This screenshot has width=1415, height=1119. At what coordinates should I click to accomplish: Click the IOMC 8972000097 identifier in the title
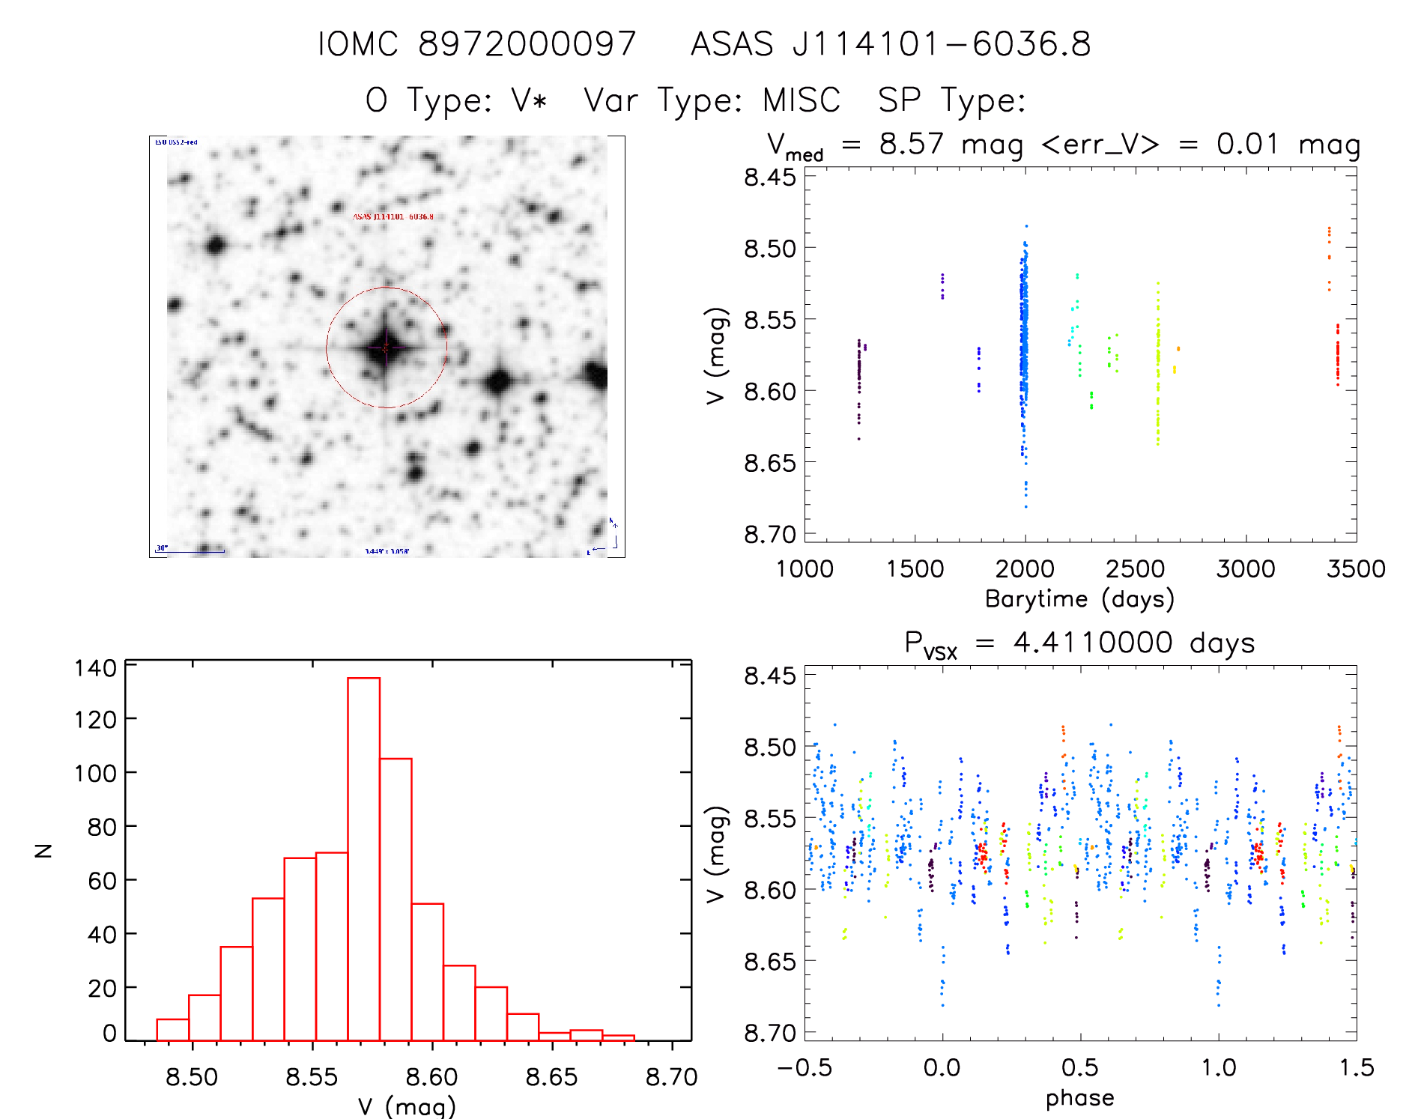click(476, 43)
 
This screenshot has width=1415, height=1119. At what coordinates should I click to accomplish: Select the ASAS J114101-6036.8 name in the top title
click(891, 43)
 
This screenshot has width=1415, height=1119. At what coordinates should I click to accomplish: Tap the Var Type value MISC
click(802, 100)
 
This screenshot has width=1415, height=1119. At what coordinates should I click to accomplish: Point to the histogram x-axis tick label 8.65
click(551, 1077)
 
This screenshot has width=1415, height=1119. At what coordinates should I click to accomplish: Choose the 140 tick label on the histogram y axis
click(95, 667)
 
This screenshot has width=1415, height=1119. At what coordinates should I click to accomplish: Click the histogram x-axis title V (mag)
click(407, 1106)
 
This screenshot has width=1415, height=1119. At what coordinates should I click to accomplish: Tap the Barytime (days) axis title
click(1079, 598)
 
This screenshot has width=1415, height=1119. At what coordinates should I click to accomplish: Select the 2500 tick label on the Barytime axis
click(1135, 569)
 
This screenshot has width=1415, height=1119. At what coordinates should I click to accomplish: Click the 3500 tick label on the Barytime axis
click(1355, 569)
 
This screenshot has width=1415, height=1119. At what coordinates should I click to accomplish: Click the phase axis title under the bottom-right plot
click(1079, 1098)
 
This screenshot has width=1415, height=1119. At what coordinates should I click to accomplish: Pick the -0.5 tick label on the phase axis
click(805, 1067)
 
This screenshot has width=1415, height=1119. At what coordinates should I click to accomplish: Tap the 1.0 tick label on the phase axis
click(1219, 1067)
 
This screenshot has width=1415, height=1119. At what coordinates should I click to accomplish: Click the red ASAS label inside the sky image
click(393, 216)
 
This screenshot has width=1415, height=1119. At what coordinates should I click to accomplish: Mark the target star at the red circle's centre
click(386, 348)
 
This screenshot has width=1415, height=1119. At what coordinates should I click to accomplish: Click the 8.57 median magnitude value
click(911, 144)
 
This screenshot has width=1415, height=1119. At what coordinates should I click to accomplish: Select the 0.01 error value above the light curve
click(1247, 144)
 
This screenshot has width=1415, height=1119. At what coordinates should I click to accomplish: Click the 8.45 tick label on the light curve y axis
click(769, 178)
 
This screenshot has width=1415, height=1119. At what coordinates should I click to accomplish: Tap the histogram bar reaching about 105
click(396, 899)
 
